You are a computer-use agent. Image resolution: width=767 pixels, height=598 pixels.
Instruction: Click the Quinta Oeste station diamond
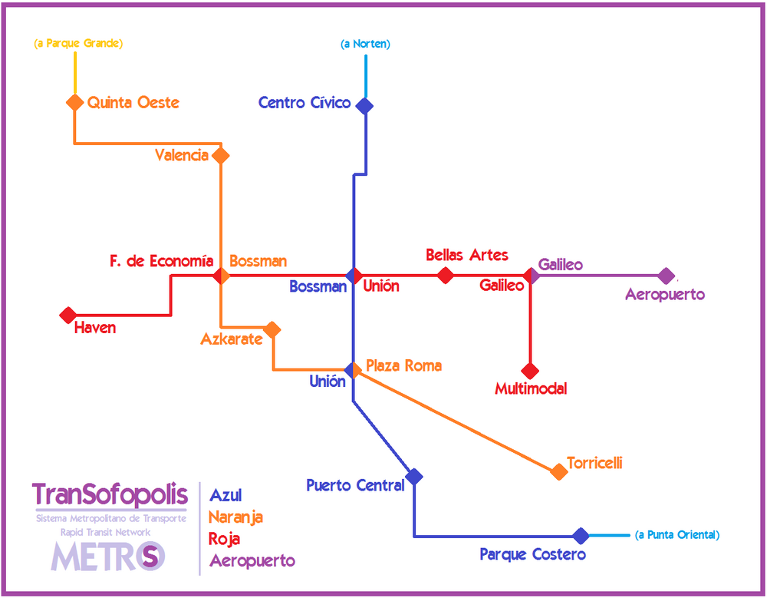pyautogui.click(x=74, y=102)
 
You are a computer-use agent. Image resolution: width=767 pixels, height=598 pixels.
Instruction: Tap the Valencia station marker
pyautogui.click(x=221, y=155)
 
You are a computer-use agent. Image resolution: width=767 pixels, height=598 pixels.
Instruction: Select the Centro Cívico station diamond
pyautogui.click(x=364, y=105)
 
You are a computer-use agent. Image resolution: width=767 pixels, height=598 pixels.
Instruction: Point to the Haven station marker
pyautogui.click(x=68, y=315)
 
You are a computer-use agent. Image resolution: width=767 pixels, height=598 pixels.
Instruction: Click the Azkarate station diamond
pyautogui.click(x=272, y=329)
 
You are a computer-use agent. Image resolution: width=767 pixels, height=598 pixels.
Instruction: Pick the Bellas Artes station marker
pyautogui.click(x=445, y=276)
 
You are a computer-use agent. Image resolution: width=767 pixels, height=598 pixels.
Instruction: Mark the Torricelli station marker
pyautogui.click(x=559, y=471)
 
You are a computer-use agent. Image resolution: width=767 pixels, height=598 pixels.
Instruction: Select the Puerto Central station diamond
pyautogui.click(x=414, y=476)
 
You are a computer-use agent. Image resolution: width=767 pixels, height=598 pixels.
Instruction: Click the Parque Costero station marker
pyautogui.click(x=581, y=536)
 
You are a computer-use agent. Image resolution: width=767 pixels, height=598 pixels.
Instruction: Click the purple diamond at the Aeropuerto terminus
pyautogui.click(x=667, y=276)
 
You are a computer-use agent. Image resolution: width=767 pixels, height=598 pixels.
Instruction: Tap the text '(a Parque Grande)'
pyautogui.click(x=78, y=43)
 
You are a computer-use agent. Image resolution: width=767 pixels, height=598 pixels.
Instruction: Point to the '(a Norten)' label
pyautogui.click(x=365, y=44)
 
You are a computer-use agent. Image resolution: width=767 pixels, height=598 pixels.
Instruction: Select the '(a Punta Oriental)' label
pyautogui.click(x=677, y=535)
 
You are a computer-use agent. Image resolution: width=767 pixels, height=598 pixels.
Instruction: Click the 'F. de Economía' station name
pyautogui.click(x=161, y=262)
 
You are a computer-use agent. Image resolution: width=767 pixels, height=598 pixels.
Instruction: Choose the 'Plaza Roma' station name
pyautogui.click(x=403, y=365)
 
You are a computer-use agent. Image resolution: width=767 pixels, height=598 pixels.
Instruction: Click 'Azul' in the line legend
pyautogui.click(x=225, y=496)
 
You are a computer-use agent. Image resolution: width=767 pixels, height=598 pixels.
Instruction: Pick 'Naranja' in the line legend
pyautogui.click(x=235, y=517)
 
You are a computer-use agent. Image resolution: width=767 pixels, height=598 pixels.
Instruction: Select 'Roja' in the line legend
pyautogui.click(x=225, y=539)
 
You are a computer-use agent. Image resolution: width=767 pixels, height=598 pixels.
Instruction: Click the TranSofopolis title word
pyautogui.click(x=110, y=494)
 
